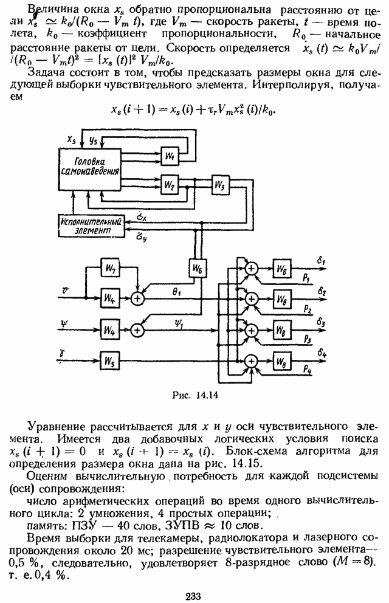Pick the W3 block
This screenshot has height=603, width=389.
point(219,184)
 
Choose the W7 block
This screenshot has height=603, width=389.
point(109,268)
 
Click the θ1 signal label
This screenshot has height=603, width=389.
point(177,292)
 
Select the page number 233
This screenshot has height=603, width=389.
point(194,594)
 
